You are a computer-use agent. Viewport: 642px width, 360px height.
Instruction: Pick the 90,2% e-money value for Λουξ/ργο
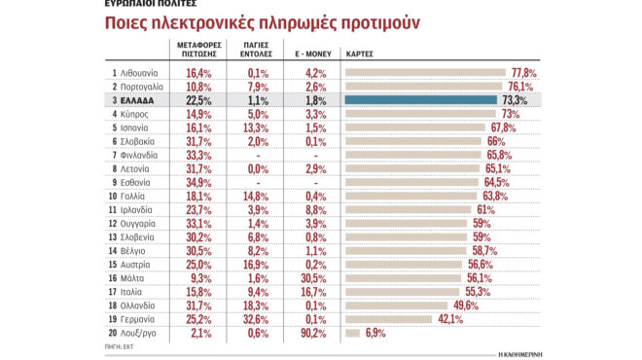[x=311, y=333]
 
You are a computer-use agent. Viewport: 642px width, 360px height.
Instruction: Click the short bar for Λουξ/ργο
[x=354, y=333]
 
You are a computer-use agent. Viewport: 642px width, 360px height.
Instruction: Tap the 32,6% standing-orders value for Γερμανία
[x=257, y=319]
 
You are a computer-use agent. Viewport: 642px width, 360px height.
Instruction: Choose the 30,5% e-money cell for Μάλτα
[x=311, y=277]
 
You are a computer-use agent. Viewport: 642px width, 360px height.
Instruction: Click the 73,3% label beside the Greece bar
[x=515, y=100]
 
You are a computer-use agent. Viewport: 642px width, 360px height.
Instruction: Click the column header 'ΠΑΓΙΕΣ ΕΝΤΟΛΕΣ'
[x=254, y=51]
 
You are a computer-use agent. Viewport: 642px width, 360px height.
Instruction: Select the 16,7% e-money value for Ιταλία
[x=311, y=291]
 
